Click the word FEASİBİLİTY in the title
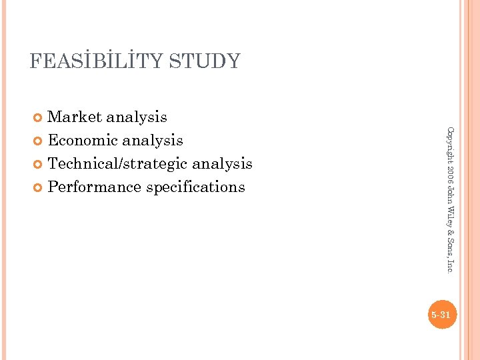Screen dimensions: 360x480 tap(97, 61)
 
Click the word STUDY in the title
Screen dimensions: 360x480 tap(205, 61)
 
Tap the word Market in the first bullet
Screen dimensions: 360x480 tap(74, 117)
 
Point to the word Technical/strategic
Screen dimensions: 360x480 tap(118, 164)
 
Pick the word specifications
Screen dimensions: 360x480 tap(195, 187)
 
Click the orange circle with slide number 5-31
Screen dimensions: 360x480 tap(441, 315)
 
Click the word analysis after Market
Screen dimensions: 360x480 tap(136, 117)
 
